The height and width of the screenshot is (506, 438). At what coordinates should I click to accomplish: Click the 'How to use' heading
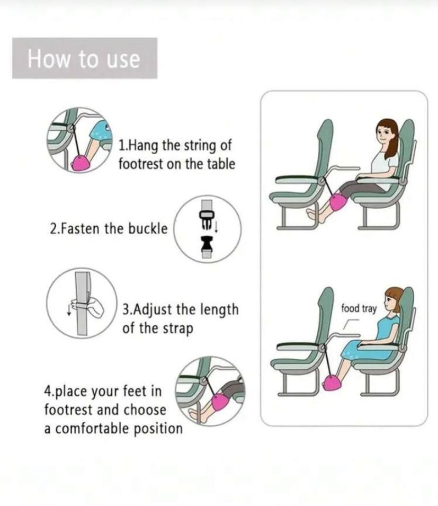pos(84,59)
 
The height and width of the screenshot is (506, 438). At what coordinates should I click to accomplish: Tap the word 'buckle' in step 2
pos(148,228)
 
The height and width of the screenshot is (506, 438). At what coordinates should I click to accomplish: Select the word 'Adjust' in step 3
pos(152,309)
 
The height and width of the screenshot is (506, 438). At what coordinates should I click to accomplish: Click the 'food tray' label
pos(359,308)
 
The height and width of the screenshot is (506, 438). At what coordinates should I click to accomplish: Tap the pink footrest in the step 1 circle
pos(81,162)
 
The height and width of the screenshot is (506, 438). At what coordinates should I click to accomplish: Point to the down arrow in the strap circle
pos(68,308)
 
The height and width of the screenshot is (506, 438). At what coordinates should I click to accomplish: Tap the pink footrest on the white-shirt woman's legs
pos(338,202)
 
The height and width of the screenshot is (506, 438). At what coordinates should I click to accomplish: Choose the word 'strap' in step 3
pos(178,329)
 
